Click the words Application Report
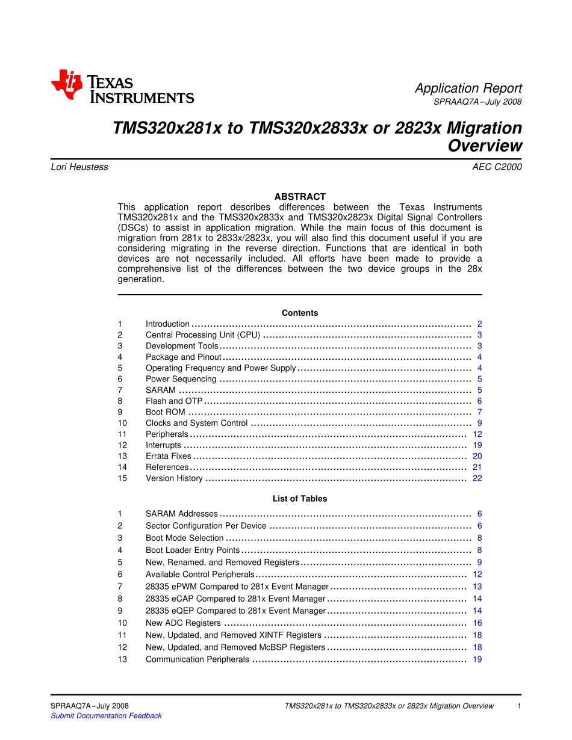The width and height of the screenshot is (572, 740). pyautogui.click(x=468, y=88)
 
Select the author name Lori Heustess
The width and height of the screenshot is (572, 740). pyautogui.click(x=79, y=167)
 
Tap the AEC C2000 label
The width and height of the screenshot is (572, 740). pyautogui.click(x=497, y=167)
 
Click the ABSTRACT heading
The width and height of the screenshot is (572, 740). pyautogui.click(x=300, y=197)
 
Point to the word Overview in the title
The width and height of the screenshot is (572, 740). pyautogui.click(x=485, y=146)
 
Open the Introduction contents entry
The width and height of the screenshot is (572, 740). pyautogui.click(x=167, y=324)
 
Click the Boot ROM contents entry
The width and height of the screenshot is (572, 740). pyautogui.click(x=166, y=412)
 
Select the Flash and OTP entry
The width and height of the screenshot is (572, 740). pyautogui.click(x=174, y=401)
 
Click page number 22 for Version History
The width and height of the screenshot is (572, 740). pyautogui.click(x=477, y=478)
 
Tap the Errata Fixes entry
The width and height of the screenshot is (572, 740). pyautogui.click(x=169, y=457)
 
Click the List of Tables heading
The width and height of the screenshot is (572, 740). pyautogui.click(x=300, y=499)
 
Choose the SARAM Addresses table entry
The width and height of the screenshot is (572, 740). pyautogui.click(x=182, y=514)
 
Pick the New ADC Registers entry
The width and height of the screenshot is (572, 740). pyautogui.click(x=183, y=623)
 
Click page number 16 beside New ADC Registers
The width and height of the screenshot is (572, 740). pyautogui.click(x=477, y=623)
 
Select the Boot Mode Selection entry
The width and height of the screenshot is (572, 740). pyautogui.click(x=184, y=538)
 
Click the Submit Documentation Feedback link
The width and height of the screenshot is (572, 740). pyautogui.click(x=106, y=716)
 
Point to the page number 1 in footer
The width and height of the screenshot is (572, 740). pyautogui.click(x=519, y=706)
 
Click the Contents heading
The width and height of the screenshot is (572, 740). pyautogui.click(x=300, y=313)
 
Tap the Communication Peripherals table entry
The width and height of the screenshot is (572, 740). pyautogui.click(x=197, y=659)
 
